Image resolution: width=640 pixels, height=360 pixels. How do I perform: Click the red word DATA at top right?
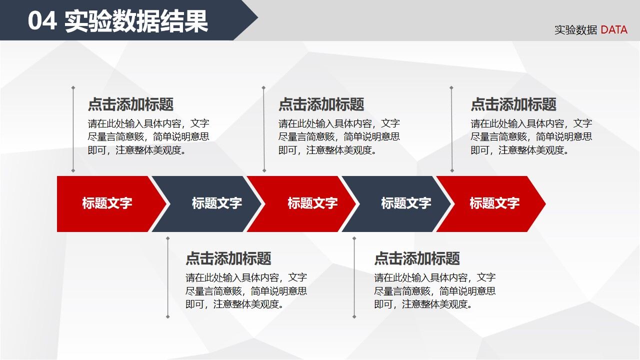coord(613,30)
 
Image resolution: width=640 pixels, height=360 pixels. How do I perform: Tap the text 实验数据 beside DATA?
coord(575,30)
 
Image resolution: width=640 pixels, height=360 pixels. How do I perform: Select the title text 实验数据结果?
coord(136,22)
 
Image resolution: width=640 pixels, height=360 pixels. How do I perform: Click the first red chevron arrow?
coord(107,203)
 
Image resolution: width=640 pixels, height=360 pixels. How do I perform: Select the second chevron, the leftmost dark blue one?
coord(210,203)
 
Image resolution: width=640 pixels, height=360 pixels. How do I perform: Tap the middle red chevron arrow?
coord(305,203)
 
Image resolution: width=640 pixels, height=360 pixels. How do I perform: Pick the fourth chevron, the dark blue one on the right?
coord(400,203)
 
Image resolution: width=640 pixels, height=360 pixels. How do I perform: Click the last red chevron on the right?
coord(492,203)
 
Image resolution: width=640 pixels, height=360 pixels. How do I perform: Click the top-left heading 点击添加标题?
coord(130,104)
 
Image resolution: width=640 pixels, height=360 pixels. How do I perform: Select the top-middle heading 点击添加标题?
coord(321,104)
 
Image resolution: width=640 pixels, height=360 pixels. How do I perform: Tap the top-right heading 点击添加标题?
coord(513,104)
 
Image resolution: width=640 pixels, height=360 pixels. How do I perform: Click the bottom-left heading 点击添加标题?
coord(228,258)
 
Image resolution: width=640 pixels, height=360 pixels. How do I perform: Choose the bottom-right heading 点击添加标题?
coord(416,258)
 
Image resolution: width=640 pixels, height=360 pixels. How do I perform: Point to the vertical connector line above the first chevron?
coord(73,130)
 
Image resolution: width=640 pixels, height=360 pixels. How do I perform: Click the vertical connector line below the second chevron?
coord(167,277)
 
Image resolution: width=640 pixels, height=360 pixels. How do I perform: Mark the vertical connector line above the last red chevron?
coord(451,130)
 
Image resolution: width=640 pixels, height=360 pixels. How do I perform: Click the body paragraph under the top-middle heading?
coord(339,136)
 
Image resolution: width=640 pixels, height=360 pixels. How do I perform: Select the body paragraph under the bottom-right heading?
coord(434,290)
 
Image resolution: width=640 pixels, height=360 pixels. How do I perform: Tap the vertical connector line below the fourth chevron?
coord(354,277)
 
